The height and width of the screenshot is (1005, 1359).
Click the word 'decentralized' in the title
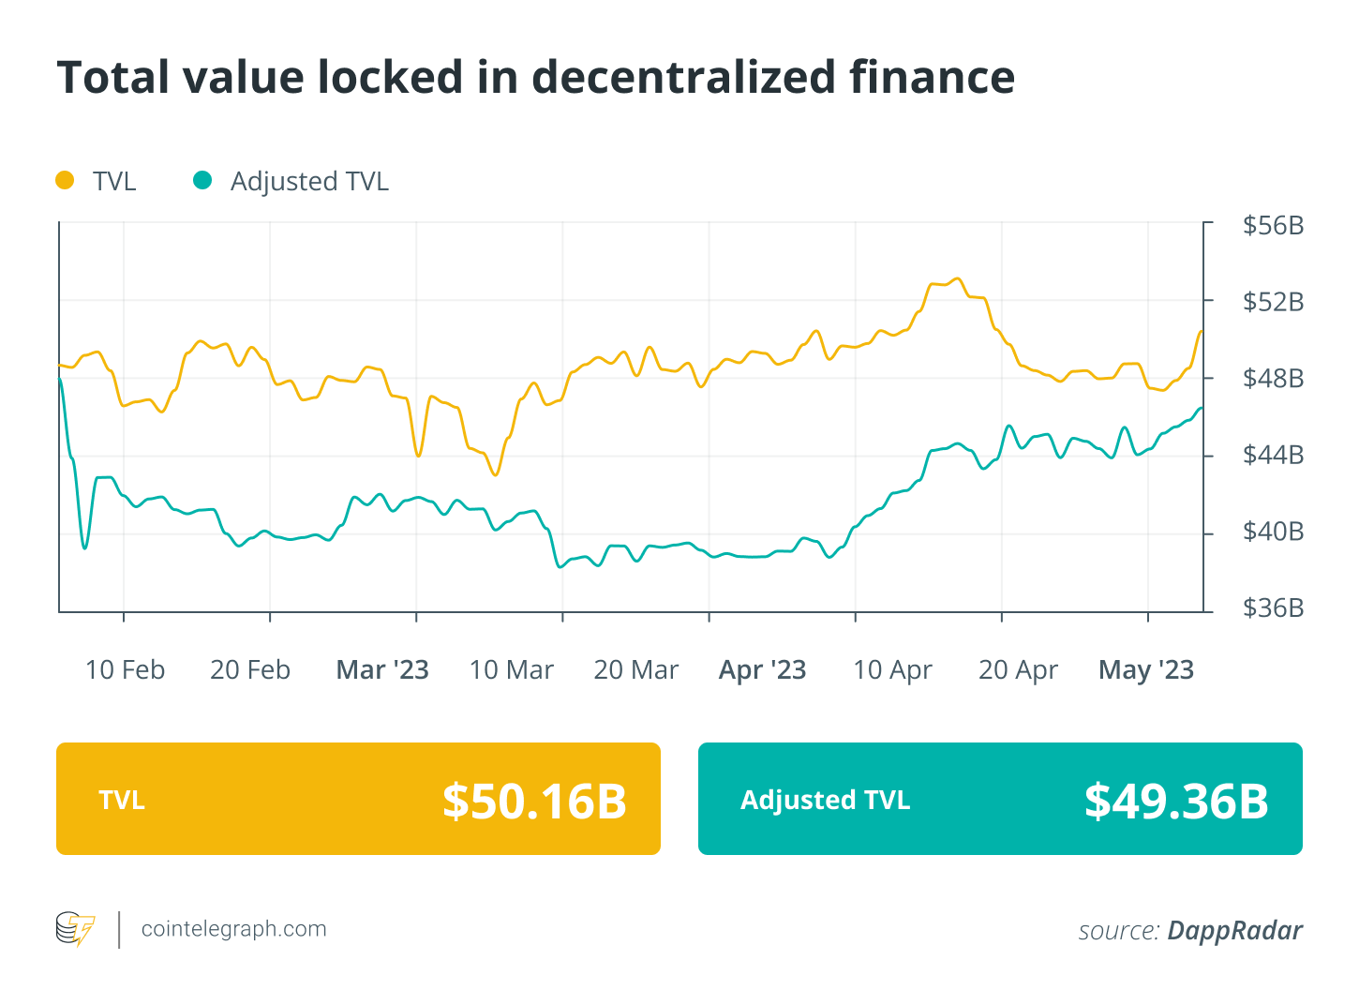click(x=683, y=77)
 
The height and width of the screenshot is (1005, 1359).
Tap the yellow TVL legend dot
click(x=65, y=180)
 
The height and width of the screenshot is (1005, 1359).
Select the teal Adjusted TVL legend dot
click(x=202, y=180)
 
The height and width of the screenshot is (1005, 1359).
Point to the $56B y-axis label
click(x=1273, y=225)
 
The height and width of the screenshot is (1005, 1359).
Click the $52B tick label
click(x=1273, y=302)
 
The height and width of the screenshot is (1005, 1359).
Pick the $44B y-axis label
click(x=1273, y=455)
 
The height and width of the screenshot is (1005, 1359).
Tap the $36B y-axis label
click(x=1273, y=608)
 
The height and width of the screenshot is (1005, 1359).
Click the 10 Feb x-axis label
click(x=125, y=670)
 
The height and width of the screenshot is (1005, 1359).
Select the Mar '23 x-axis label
click(x=382, y=670)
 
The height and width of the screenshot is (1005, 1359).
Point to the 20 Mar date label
click(x=635, y=670)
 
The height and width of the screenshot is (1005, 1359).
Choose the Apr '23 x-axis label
click(x=762, y=670)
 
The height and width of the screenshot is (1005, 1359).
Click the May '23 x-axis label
click(x=1145, y=670)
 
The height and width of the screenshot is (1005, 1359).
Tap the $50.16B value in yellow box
click(x=534, y=801)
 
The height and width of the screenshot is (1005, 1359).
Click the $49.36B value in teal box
click(x=1176, y=801)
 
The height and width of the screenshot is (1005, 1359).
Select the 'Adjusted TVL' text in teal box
click(x=825, y=800)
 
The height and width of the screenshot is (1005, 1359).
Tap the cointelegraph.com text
click(x=233, y=929)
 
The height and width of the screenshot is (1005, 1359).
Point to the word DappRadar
click(x=1234, y=930)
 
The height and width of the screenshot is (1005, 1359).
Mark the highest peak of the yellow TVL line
click(x=956, y=278)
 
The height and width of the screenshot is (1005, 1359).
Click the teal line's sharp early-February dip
click(x=85, y=547)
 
